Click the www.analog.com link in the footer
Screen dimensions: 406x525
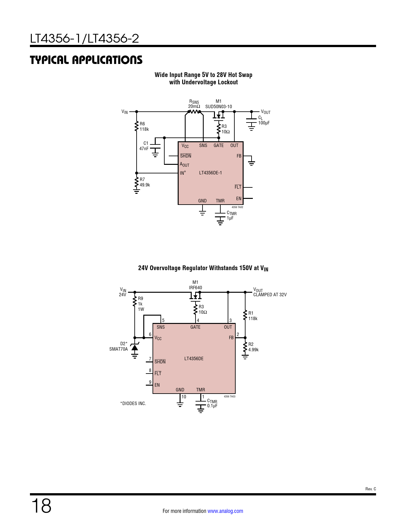click(x=225, y=511)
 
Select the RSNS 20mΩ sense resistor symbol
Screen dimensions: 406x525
click(x=194, y=112)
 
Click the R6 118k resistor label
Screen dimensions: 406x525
click(x=144, y=127)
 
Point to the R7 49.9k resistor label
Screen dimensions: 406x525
click(x=145, y=182)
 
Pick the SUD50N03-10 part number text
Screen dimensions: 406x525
click(x=218, y=107)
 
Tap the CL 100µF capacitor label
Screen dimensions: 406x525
click(x=264, y=120)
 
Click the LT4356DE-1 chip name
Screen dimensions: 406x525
click(x=210, y=173)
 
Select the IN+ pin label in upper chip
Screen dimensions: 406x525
click(x=183, y=173)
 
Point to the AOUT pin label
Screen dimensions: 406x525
click(x=184, y=164)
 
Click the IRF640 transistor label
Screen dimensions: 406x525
click(x=196, y=288)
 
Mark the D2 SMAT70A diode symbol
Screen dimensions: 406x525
click(x=135, y=348)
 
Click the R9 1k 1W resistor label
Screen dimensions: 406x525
click(x=141, y=304)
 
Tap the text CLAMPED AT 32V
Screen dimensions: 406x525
click(x=270, y=295)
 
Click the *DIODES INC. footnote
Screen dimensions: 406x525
click(x=133, y=403)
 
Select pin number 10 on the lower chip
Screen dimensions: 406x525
click(x=184, y=397)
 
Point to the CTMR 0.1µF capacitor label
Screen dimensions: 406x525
click(x=212, y=403)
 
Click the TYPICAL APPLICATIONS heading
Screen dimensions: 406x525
click(x=86, y=60)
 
